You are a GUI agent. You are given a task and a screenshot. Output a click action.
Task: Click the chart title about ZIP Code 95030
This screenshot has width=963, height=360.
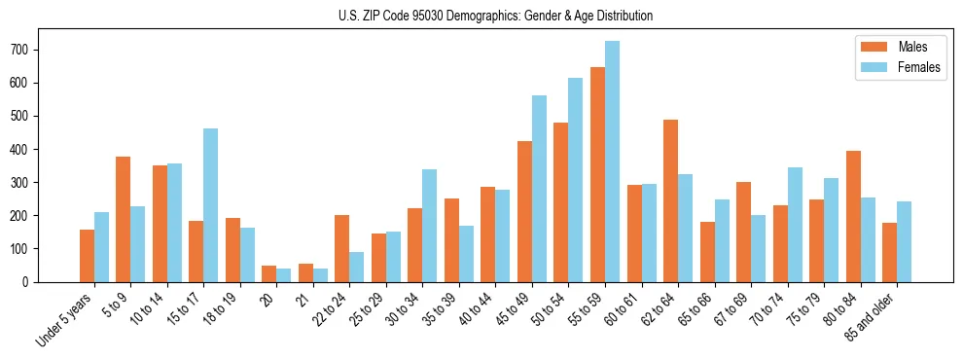coord(481,16)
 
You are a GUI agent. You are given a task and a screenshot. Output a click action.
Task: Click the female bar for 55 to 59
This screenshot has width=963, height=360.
coord(612,162)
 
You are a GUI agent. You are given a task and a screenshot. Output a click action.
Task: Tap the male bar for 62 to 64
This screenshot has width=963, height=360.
coord(670,200)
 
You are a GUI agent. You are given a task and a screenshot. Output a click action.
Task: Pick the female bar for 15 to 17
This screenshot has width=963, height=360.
coord(211,205)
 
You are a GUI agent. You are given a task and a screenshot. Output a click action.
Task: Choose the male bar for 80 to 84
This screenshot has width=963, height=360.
coord(853,216)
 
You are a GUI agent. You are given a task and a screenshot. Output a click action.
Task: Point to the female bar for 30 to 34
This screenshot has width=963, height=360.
coord(430,226)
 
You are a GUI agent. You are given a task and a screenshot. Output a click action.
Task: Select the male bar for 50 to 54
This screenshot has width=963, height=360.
coord(561,202)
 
